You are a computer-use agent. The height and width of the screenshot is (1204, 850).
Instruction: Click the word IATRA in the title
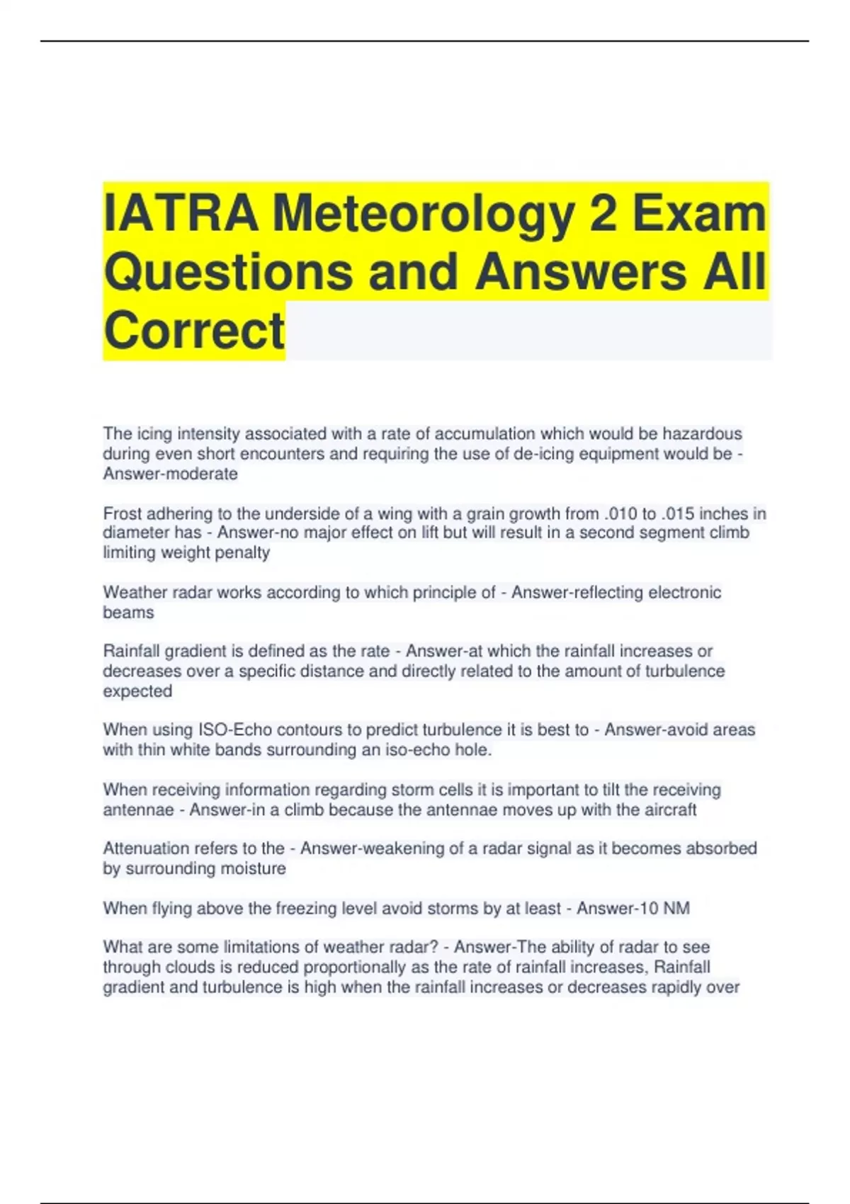click(181, 213)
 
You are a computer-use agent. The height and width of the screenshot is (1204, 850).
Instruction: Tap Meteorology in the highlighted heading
click(423, 213)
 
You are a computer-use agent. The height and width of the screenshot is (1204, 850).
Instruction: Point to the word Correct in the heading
click(194, 331)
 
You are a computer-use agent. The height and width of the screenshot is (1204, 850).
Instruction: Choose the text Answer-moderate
click(170, 474)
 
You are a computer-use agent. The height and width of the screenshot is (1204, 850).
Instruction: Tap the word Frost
click(123, 513)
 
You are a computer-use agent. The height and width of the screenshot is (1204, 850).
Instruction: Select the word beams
click(128, 613)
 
